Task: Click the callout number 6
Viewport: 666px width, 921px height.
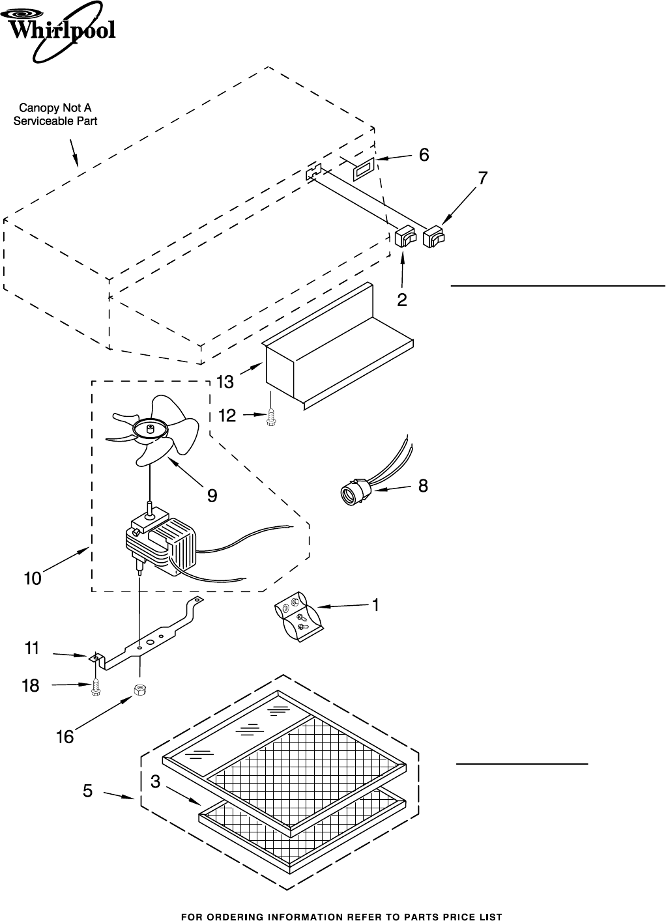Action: pos(424,154)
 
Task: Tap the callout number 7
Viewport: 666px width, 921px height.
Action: pos(482,178)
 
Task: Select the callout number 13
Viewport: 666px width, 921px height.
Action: pos(225,382)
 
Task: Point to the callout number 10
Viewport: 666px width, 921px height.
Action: pos(33,578)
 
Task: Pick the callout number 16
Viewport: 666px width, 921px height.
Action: pos(65,737)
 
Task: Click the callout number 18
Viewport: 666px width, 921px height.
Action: pos(31,685)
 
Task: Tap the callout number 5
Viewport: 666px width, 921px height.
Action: pos(87,791)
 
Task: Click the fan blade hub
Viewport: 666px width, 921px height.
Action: pos(150,430)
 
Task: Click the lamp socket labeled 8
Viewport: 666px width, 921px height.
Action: pos(355,490)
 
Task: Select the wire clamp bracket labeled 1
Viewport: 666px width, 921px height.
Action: pos(298,617)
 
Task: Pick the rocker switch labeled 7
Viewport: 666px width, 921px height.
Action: pos(433,237)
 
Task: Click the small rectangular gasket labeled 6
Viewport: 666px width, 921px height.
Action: pos(364,169)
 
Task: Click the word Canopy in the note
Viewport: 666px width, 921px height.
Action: pos(35,109)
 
